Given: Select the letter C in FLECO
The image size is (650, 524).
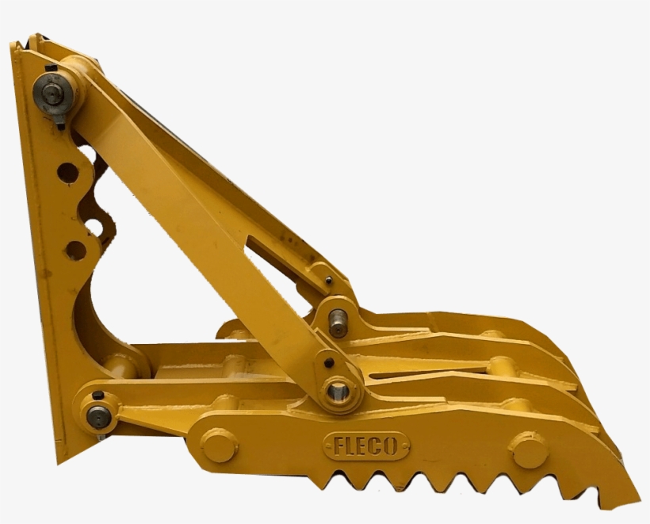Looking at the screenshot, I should coord(377,446).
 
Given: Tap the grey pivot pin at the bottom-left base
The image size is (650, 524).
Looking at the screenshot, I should coord(98,416).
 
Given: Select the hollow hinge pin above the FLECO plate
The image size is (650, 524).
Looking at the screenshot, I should coord(338,391).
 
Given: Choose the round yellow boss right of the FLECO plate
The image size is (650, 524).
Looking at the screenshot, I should coord(529,450).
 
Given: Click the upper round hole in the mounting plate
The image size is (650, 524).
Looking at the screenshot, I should coord(67,172).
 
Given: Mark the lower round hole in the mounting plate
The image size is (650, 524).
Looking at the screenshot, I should coord(75,250).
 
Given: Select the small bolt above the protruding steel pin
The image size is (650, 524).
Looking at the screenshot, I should coord(329,279).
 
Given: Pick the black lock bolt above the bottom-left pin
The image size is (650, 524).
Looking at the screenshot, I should coord(97,394).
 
